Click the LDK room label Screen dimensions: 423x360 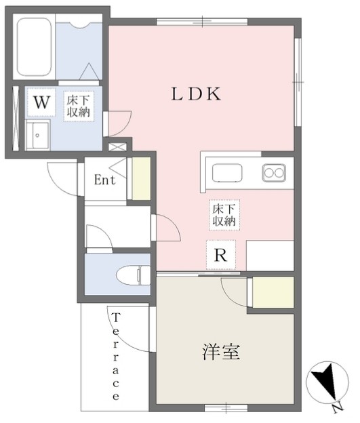click(x=195, y=95)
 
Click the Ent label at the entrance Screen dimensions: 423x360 click(x=105, y=180)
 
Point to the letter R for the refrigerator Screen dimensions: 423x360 click(x=221, y=256)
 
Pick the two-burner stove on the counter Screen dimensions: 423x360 click(x=275, y=173)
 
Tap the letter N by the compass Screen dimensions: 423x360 click(x=337, y=407)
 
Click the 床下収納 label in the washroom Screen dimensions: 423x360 click(x=77, y=108)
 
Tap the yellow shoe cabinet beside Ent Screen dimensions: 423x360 click(x=141, y=179)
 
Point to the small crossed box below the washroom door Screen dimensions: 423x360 click(x=117, y=146)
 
